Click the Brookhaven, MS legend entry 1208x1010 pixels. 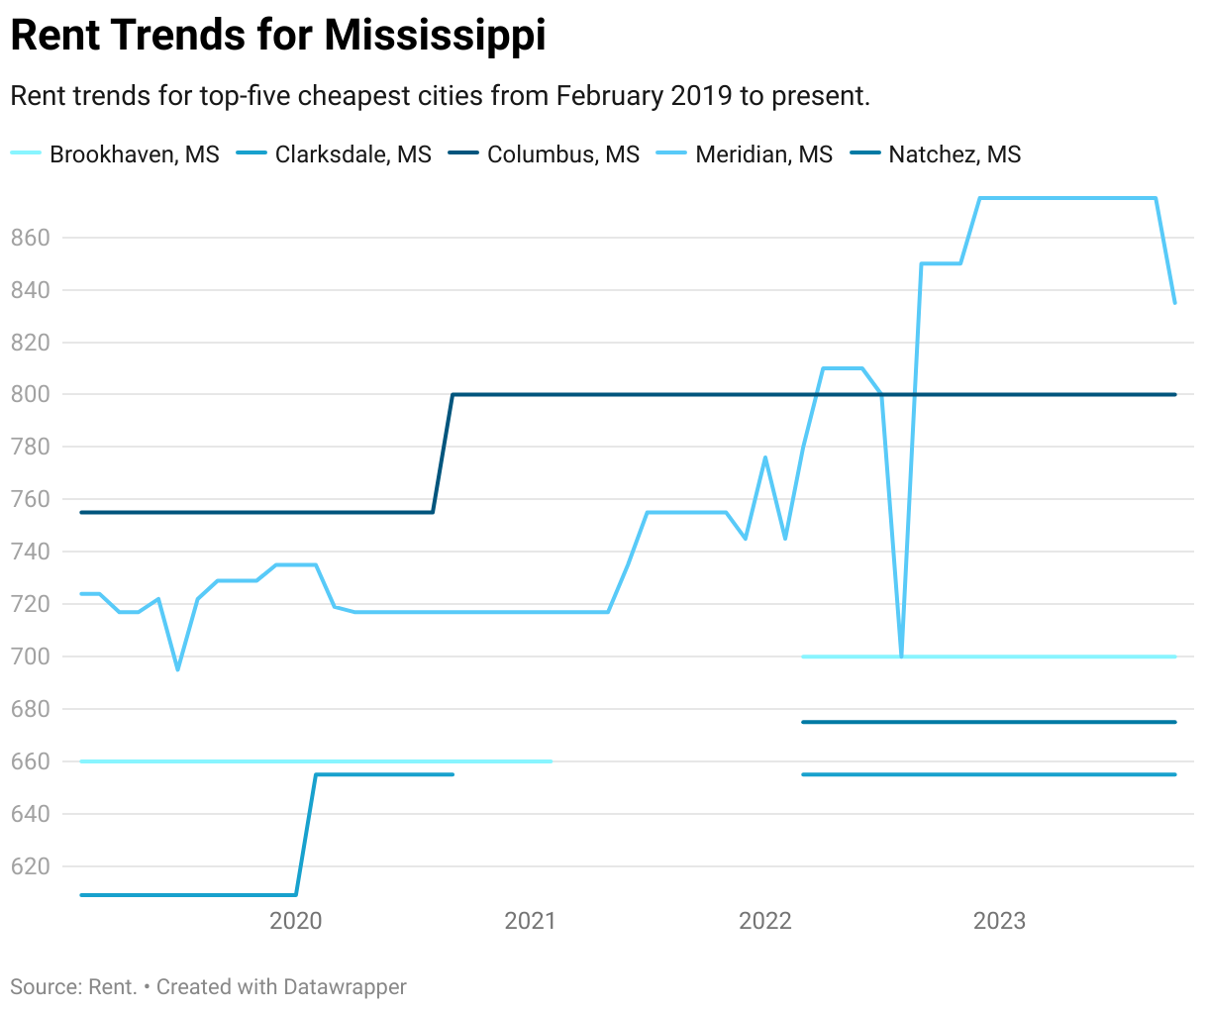pos(134,154)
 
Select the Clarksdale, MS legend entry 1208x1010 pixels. pos(352,154)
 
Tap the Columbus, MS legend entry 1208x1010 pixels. pos(562,154)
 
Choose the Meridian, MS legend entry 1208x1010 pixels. pos(763,154)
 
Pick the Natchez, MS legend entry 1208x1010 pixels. pos(955,154)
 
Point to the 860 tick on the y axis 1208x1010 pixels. pos(30,238)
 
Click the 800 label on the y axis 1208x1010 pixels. pos(30,394)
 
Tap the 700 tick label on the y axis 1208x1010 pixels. pos(30,656)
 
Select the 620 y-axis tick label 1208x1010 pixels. pos(30,866)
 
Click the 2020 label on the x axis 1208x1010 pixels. pos(296,921)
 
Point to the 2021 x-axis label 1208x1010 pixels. pos(531,921)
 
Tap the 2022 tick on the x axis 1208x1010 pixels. pos(765,921)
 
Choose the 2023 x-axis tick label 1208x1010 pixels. pos(1000,921)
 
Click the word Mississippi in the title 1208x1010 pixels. pos(435,36)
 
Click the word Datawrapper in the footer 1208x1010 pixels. pos(345,987)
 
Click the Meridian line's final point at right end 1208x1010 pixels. pos(1174,303)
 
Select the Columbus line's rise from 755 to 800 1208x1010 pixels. pos(443,454)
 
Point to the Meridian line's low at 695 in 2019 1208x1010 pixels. pos(178,669)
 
